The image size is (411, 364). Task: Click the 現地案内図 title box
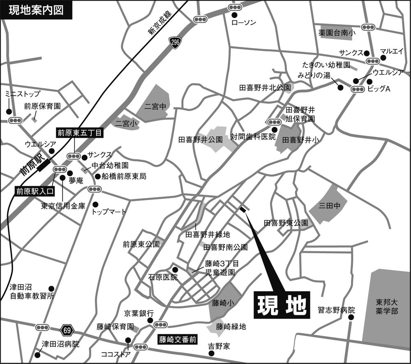click(x=36, y=10)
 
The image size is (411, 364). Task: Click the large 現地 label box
click(x=282, y=305)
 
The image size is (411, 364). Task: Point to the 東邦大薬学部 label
click(x=386, y=306)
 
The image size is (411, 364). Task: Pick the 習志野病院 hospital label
click(x=336, y=310)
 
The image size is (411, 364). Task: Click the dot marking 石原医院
click(x=175, y=269)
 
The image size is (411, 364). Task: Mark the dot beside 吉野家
click(x=211, y=353)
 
